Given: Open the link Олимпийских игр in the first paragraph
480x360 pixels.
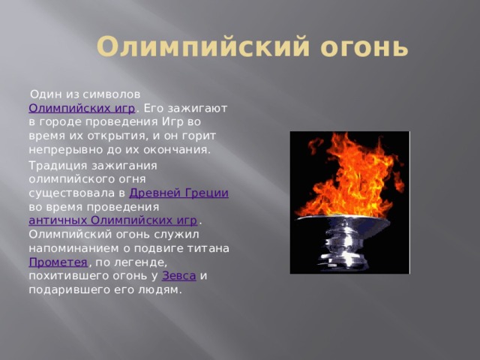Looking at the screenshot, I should click(82, 108).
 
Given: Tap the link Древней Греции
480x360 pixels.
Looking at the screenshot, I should click(179, 193).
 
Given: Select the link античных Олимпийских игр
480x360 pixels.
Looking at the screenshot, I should click(113, 220).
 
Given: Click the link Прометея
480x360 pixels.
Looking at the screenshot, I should click(58, 262).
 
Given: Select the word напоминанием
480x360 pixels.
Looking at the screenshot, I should click(74, 248).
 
